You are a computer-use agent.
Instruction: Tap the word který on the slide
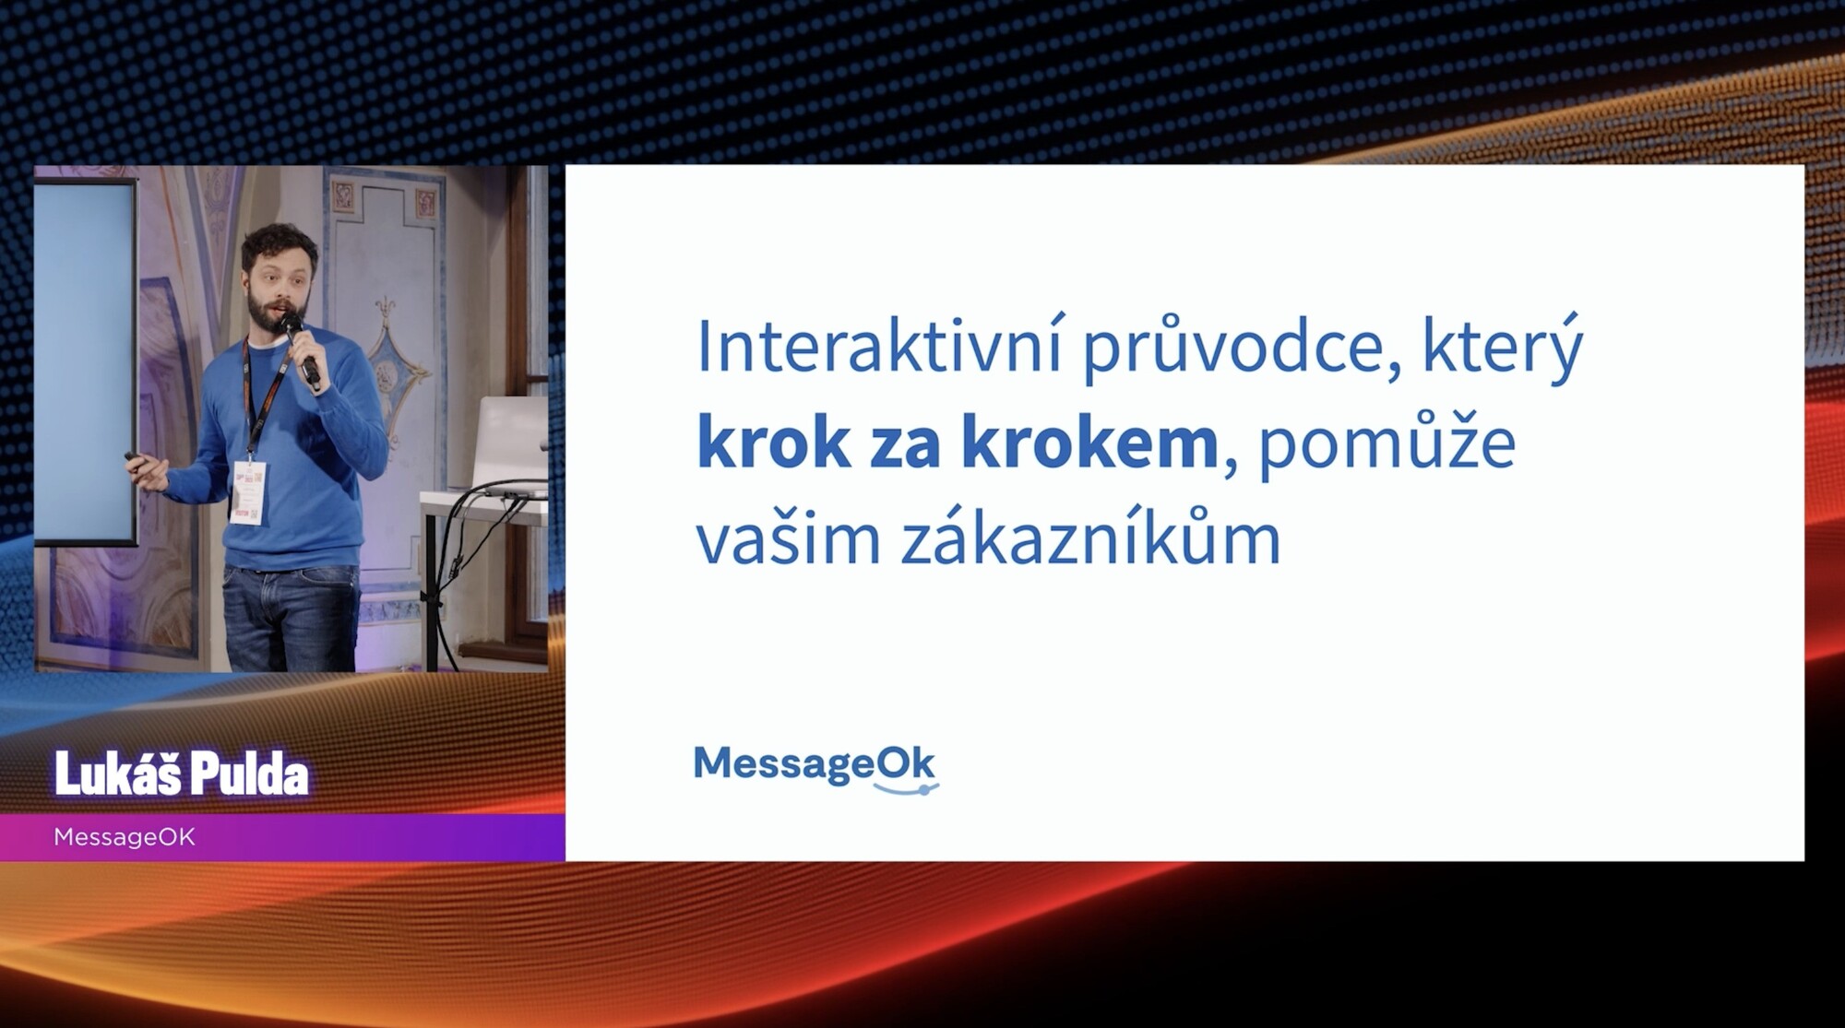point(1503,349)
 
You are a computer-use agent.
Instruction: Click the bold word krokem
point(1090,443)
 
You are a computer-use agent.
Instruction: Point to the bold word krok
point(774,443)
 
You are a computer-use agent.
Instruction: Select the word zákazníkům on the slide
point(1091,538)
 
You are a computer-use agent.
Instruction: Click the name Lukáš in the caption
point(117,773)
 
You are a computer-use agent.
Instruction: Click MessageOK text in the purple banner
point(125,837)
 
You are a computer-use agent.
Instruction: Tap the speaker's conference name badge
point(249,491)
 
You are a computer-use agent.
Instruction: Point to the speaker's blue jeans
point(288,618)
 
